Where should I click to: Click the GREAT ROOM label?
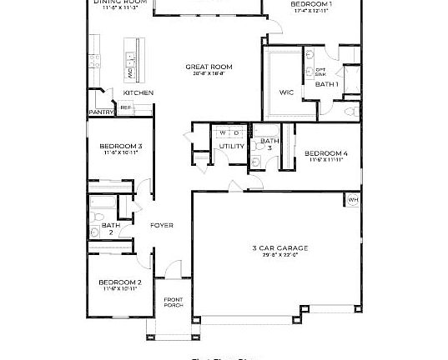click(x=209, y=67)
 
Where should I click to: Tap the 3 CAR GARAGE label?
click(x=280, y=247)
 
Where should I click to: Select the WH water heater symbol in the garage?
click(x=352, y=200)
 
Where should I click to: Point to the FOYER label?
click(x=161, y=225)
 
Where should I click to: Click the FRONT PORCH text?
click(x=173, y=302)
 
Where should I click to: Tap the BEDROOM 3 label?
click(x=122, y=147)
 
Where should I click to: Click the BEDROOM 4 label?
click(x=325, y=153)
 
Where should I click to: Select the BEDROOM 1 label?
click(x=311, y=5)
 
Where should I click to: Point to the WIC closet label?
click(x=287, y=91)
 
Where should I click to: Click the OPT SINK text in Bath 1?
click(x=320, y=72)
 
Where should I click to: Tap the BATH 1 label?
click(x=326, y=84)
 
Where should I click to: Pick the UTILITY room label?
click(x=231, y=146)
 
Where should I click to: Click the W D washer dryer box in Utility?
click(x=229, y=132)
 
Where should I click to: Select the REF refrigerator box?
click(x=126, y=107)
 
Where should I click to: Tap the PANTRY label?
click(x=101, y=112)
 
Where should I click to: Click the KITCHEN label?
click(x=138, y=92)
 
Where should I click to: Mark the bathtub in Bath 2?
click(x=102, y=202)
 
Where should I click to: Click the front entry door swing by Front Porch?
click(x=173, y=270)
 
